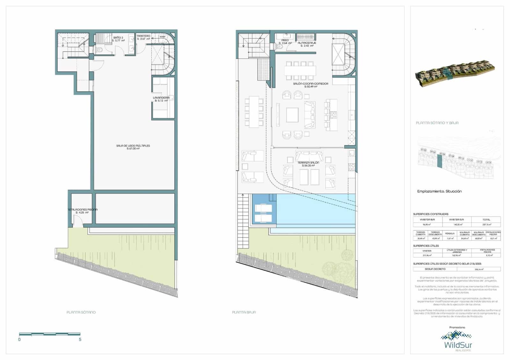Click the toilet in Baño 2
pos(99,50)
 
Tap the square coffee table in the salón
pos(292,115)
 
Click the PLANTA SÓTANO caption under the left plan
pos(81,312)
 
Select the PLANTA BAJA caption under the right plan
pos(244,312)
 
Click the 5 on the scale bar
pos(80,340)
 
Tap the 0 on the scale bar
pos(19,340)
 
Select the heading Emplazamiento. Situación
pos(439,191)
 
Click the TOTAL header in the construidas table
pos(486,220)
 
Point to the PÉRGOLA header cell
pos(450,234)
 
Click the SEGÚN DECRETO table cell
pos(435,269)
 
